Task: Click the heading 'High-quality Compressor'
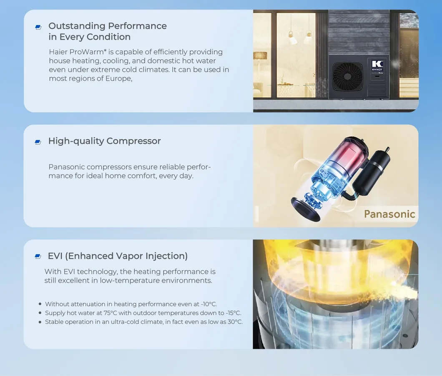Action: click(104, 141)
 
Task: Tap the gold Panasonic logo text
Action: click(389, 214)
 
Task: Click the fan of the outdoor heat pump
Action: click(347, 76)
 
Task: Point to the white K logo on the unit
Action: click(377, 64)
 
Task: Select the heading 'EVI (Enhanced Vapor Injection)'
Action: click(118, 256)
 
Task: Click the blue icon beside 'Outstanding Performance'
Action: click(38, 27)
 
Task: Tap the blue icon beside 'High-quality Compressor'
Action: click(38, 142)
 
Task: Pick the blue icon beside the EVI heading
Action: click(38, 256)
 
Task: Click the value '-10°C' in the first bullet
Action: click(208, 304)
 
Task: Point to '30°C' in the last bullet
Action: click(235, 322)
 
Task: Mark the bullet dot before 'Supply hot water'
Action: click(40, 313)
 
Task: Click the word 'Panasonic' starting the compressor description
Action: click(67, 167)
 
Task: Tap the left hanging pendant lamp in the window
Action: click(293, 38)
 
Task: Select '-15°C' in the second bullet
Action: click(234, 313)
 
